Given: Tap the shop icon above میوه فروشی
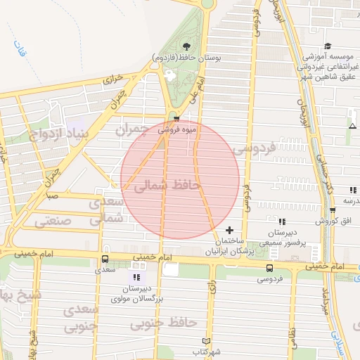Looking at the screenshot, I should tap(176, 118).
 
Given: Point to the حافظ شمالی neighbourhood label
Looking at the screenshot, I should tap(162, 186).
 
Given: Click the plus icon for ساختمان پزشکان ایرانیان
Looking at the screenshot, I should tap(229, 230).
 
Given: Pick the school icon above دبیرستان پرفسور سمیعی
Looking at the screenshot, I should tap(282, 222).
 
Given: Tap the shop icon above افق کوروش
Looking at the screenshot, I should tap(332, 210).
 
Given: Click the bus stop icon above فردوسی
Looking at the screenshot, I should tap(269, 268).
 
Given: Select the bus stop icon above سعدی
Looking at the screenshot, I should tap(104, 259).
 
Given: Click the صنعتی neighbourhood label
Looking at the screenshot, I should tap(53, 220).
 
